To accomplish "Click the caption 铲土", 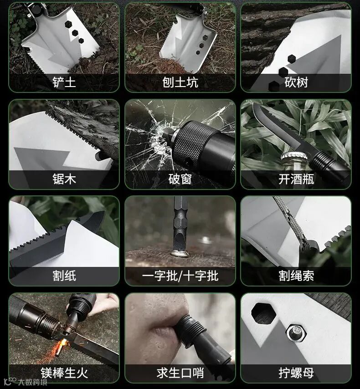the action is click(x=64, y=82).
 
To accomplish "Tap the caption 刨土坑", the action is click(x=180, y=82).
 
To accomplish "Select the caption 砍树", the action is click(x=296, y=82).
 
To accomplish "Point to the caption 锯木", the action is click(x=64, y=179).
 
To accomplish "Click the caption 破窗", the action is click(x=180, y=179).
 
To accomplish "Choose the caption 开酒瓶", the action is click(x=296, y=179).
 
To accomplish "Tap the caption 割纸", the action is click(x=64, y=276).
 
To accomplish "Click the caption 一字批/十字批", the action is click(x=180, y=276).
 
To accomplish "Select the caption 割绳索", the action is click(x=296, y=276).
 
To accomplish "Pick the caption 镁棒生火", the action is click(x=64, y=373).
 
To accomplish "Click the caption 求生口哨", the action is click(x=180, y=373).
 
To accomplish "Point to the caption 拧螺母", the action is click(x=296, y=373).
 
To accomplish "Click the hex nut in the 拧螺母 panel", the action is click(x=296, y=333).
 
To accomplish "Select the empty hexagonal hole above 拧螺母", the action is click(x=263, y=313).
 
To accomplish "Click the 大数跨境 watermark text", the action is click(x=32, y=382).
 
